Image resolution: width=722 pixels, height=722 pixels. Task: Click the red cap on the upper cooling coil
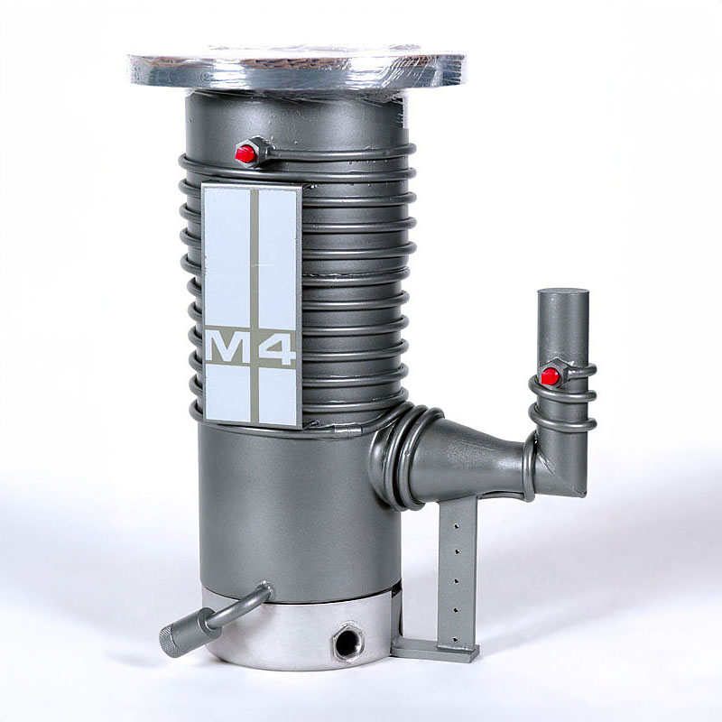coord(245,153)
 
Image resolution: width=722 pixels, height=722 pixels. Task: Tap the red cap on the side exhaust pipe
coord(550,375)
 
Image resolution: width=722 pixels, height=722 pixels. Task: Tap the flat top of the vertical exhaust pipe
coord(563,294)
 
